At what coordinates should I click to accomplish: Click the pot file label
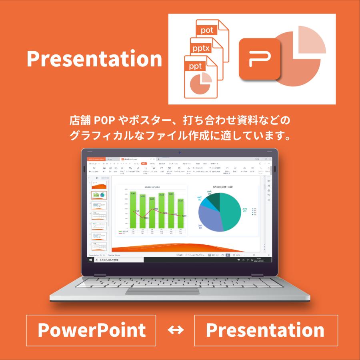[207, 30]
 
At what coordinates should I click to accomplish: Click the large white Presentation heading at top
[94, 59]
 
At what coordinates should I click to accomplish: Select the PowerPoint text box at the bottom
[91, 330]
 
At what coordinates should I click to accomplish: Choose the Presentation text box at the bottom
[266, 330]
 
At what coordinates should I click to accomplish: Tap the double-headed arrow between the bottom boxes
[175, 330]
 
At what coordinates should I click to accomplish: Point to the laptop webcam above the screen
[180, 152]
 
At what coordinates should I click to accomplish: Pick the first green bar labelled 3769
[133, 210]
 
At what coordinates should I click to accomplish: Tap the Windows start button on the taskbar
[90, 260]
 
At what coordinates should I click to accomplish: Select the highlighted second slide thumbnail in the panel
[99, 195]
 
